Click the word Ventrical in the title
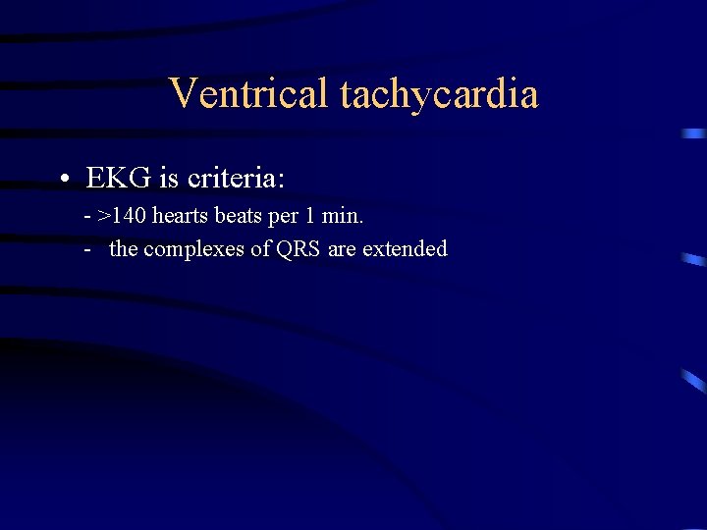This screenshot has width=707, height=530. point(249,94)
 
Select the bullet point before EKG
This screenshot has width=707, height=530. point(62,179)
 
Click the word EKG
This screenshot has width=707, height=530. point(117,178)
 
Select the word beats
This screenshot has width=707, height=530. point(238,216)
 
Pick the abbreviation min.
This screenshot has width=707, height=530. point(343,216)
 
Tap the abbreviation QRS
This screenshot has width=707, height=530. point(299,249)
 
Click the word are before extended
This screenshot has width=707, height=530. point(343,249)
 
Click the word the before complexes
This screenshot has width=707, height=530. point(124,249)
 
